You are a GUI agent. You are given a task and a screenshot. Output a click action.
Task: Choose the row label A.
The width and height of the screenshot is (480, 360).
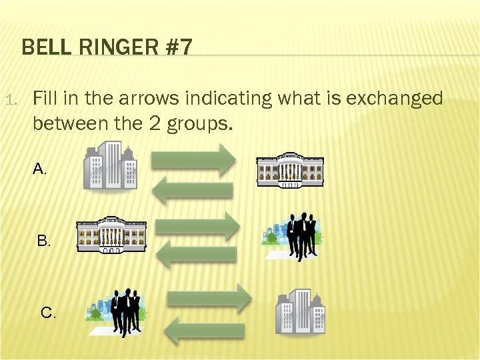click(40, 169)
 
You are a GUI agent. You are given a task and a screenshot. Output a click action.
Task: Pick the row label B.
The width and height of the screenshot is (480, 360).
click(44, 241)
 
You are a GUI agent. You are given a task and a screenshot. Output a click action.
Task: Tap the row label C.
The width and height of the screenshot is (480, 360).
click(48, 312)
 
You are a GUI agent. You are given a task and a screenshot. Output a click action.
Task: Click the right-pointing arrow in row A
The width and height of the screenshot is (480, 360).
click(194, 161)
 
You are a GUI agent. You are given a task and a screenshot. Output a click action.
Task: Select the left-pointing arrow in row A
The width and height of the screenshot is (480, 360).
click(193, 190)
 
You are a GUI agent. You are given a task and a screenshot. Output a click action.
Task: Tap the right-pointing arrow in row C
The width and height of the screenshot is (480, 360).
click(209, 297)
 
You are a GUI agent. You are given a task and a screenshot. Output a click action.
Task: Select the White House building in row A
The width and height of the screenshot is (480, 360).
click(290, 169)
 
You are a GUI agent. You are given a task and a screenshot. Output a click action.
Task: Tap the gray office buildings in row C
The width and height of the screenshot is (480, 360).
click(300, 311)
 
